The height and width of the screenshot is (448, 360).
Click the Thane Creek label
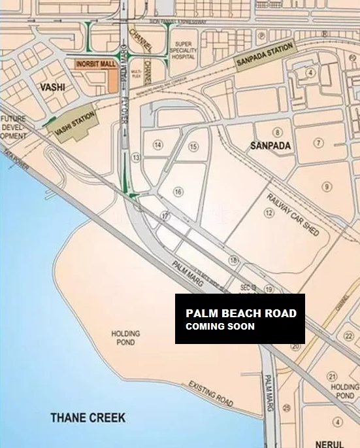click(89, 417)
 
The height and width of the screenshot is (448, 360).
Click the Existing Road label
click(210, 392)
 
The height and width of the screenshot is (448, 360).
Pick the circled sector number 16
click(178, 192)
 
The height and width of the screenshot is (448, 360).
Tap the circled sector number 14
click(157, 144)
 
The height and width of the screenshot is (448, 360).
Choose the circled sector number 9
click(327, 187)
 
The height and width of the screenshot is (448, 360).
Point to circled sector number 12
click(269, 213)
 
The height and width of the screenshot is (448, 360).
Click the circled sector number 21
click(332, 376)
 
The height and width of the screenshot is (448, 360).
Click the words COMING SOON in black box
click(220, 326)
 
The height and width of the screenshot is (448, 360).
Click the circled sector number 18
click(233, 261)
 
